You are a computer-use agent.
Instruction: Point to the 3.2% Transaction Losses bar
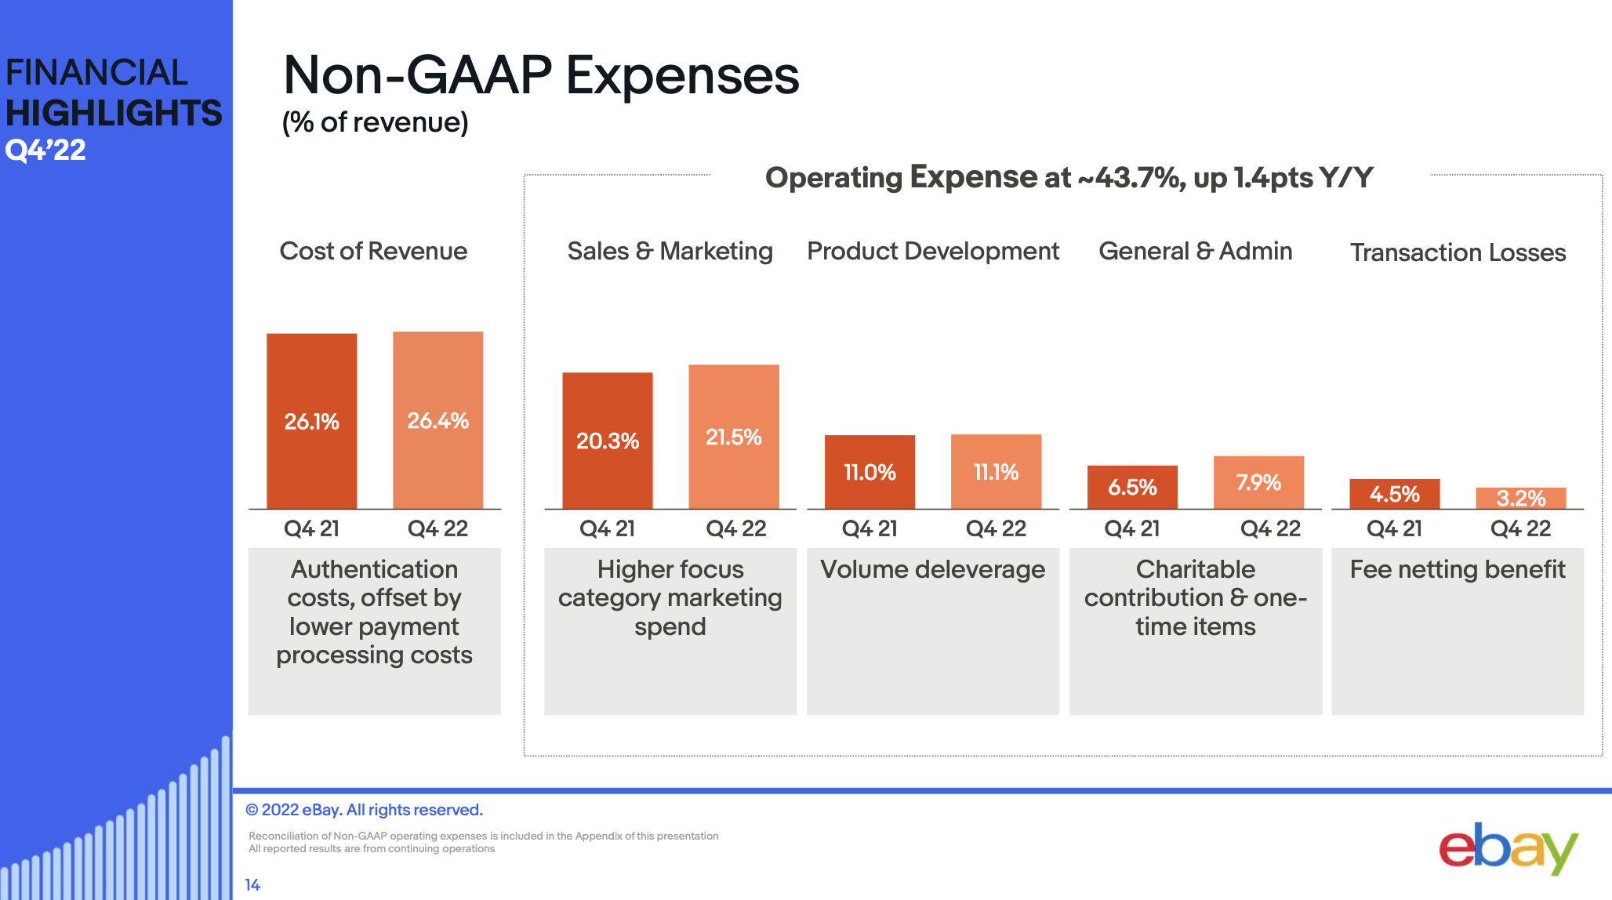click(x=1520, y=499)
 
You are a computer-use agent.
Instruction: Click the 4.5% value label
click(x=1394, y=495)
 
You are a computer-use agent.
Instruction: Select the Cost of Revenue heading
click(x=373, y=251)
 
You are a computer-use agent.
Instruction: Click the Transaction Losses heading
click(x=1458, y=252)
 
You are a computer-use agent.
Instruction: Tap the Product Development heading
click(x=933, y=251)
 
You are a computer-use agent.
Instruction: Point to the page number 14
click(x=252, y=885)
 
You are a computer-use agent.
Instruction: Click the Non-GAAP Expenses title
click(x=541, y=75)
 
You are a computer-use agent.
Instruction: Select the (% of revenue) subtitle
click(x=375, y=122)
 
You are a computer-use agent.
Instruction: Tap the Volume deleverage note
click(x=932, y=569)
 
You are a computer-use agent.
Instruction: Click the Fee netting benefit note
click(x=1457, y=569)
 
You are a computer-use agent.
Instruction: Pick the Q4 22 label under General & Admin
click(x=1270, y=528)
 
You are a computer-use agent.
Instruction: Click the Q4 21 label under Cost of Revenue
click(x=311, y=528)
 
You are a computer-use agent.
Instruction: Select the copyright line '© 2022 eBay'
click(x=364, y=810)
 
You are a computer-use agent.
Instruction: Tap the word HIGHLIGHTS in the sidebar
click(x=114, y=113)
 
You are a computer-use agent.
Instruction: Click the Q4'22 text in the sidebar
click(x=45, y=150)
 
